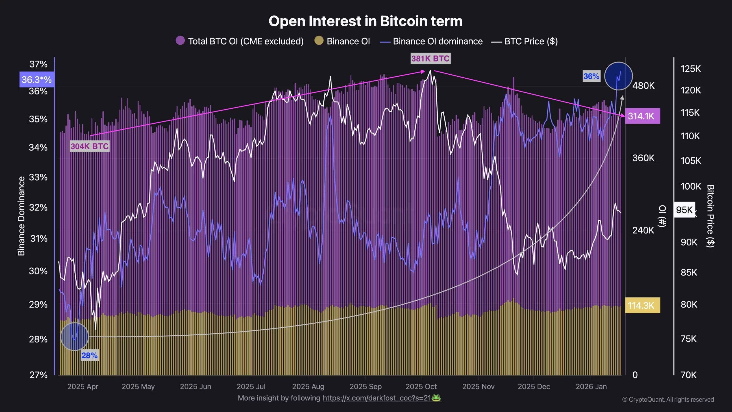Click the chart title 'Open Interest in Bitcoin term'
pyautogui.click(x=365, y=21)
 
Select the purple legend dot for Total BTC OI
pyautogui.click(x=180, y=41)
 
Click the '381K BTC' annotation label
pyautogui.click(x=430, y=59)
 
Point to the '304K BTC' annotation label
pyautogui.click(x=89, y=146)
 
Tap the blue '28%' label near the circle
pyautogui.click(x=89, y=355)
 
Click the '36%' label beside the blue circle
pyautogui.click(x=591, y=76)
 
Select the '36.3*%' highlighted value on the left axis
pyautogui.click(x=37, y=80)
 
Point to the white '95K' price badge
pyautogui.click(x=684, y=210)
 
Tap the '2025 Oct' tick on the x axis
pyautogui.click(x=421, y=387)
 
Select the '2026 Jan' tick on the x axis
pyautogui.click(x=591, y=387)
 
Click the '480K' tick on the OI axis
pyautogui.click(x=643, y=86)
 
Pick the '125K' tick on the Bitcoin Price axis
pyautogui.click(x=691, y=69)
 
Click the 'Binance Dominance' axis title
pyautogui.click(x=21, y=216)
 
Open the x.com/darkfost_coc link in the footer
pyautogui.click(x=377, y=398)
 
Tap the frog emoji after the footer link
pyautogui.click(x=436, y=398)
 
